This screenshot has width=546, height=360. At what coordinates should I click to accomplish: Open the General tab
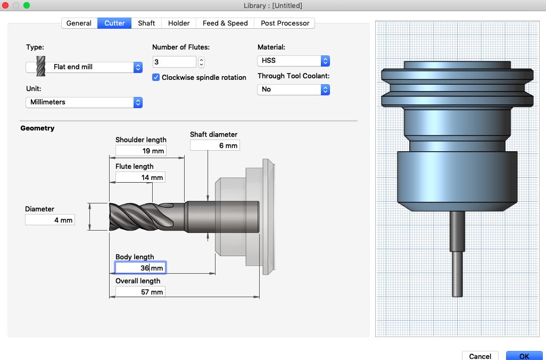tap(79, 23)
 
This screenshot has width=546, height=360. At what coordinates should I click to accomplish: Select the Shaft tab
tap(146, 23)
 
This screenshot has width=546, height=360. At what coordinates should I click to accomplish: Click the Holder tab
tap(179, 23)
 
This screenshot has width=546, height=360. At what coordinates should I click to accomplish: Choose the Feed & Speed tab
tap(225, 23)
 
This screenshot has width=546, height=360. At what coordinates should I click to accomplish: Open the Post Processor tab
tap(285, 23)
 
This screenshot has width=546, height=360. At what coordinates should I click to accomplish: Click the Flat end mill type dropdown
tap(84, 67)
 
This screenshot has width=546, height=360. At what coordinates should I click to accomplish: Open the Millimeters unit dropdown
tap(84, 102)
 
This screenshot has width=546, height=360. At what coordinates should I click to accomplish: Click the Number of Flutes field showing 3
tap(175, 62)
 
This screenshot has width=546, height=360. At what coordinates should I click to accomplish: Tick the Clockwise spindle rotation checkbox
tap(156, 77)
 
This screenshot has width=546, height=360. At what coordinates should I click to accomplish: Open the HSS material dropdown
tap(294, 61)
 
